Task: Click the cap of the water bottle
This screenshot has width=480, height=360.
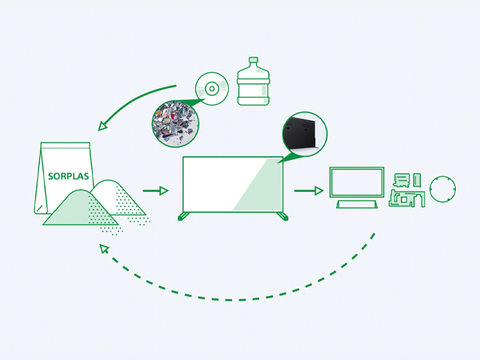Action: [x=254, y=61]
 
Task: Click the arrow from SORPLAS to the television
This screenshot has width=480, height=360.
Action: [x=156, y=190]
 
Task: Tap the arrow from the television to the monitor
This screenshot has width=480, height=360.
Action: [x=308, y=190]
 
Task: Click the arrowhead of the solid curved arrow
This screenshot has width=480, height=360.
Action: [x=102, y=126]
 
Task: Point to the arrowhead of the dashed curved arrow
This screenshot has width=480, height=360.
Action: [x=102, y=249]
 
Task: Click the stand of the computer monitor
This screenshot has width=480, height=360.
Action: [x=357, y=205]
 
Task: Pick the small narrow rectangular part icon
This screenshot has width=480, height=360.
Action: [x=416, y=178]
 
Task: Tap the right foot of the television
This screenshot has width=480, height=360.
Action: [x=281, y=214]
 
